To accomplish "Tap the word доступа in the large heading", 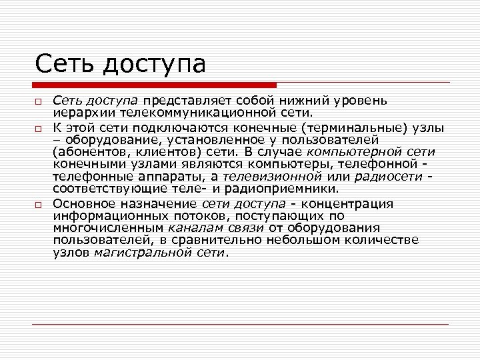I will click(154, 65).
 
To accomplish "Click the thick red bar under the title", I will click(154, 85).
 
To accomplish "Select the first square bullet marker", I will click(39, 101).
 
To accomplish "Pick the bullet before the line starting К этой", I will click(39, 129).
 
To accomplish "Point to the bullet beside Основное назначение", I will click(39, 205).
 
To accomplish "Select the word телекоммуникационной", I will click(177, 113).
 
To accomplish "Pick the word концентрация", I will click(347, 203).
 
